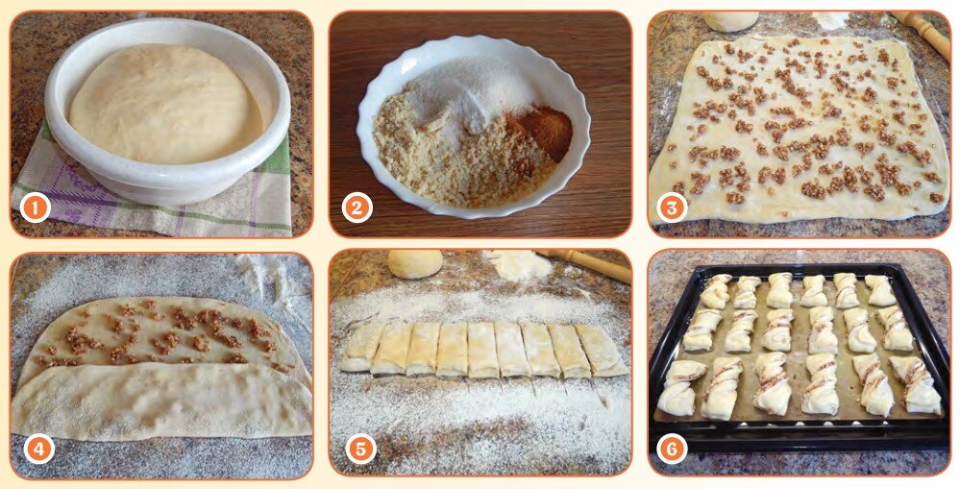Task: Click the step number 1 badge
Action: coord(35,208)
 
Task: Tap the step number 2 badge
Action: coord(357,208)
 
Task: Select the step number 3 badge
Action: coord(672,208)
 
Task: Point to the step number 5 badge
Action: coord(360,450)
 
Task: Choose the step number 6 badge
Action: coord(672,450)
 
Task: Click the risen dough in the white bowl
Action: coord(166,104)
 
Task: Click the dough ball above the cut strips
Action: coord(415,263)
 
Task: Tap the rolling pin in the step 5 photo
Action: coord(584,264)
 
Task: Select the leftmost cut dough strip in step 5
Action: coord(362,346)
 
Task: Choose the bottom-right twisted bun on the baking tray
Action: coord(915,384)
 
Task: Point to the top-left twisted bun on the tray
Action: coord(715,291)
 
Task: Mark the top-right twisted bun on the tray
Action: coord(880,290)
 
